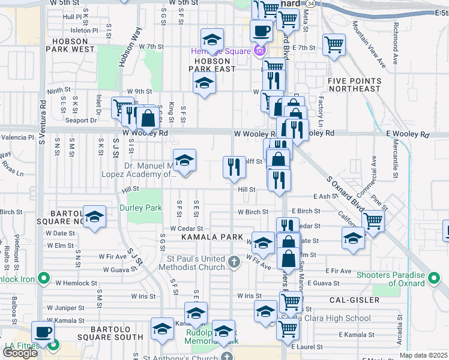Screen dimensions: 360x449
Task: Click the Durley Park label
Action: coord(141,208)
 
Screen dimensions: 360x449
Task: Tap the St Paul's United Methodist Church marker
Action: coord(234,262)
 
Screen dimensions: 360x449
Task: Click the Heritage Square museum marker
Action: coord(259,50)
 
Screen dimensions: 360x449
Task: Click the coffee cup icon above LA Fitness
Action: coord(42,332)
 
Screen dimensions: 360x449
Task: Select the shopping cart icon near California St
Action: coord(373,221)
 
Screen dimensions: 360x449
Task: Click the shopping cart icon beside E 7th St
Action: coord(334,44)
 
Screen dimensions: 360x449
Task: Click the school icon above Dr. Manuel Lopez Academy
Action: coord(185,160)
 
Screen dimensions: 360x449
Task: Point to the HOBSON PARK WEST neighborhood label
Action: coord(74,45)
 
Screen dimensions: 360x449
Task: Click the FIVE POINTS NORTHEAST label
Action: coord(354,85)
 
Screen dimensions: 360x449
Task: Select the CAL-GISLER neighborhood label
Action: coord(354,299)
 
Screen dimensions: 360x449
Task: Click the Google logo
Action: coord(20,352)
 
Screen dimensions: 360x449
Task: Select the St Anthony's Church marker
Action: coord(226,356)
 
